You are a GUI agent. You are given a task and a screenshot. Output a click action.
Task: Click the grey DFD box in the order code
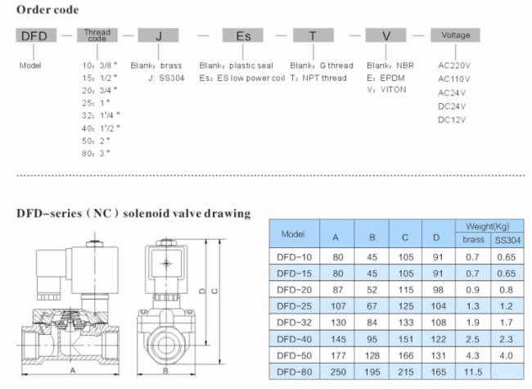(x=36, y=35)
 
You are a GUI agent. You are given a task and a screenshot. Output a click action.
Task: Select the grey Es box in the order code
(x=242, y=35)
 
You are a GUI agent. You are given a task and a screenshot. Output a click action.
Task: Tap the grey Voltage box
(x=455, y=35)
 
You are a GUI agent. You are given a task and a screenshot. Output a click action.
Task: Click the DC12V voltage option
(x=452, y=120)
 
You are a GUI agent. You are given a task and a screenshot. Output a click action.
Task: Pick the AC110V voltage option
(x=453, y=79)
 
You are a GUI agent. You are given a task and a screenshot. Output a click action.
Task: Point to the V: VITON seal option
(x=386, y=90)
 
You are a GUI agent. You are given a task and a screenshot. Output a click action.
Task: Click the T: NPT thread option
(x=318, y=78)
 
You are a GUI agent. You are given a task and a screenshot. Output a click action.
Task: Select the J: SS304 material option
(x=166, y=78)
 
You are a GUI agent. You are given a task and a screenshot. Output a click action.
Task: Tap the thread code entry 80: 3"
(x=96, y=153)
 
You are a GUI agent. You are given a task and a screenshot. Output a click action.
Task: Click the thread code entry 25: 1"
(x=96, y=103)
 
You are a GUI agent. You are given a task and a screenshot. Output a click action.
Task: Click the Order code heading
(x=47, y=10)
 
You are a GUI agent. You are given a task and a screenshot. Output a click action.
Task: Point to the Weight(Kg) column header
(x=488, y=226)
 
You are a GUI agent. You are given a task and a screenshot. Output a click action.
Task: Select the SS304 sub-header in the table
(x=507, y=240)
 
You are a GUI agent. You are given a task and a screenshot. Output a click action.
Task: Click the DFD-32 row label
(x=294, y=323)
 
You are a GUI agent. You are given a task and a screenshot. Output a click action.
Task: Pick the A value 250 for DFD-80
(x=338, y=372)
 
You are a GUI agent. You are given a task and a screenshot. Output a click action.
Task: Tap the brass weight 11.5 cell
(x=473, y=372)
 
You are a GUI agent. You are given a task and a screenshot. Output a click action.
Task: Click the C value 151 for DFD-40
(x=406, y=339)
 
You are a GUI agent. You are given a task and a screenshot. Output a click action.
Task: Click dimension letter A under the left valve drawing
(x=73, y=371)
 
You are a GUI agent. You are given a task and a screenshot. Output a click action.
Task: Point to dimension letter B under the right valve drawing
(x=165, y=371)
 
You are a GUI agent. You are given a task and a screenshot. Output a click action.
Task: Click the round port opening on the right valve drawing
(x=166, y=345)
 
